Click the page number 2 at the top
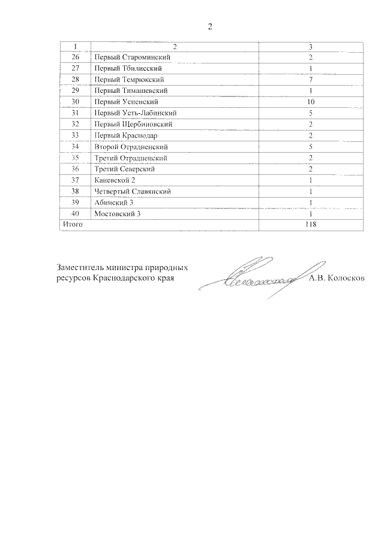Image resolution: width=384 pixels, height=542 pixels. click(x=209, y=27)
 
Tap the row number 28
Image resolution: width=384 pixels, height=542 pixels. click(x=75, y=79)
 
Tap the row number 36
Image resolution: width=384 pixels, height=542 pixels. click(x=75, y=169)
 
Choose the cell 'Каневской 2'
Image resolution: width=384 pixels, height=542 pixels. click(x=116, y=180)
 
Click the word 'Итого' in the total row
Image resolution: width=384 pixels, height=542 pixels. click(x=71, y=225)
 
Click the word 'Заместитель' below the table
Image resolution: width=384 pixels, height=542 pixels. click(x=82, y=268)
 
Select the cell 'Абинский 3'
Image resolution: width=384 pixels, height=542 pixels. click(x=114, y=202)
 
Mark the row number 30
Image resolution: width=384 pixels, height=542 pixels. click(x=75, y=102)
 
